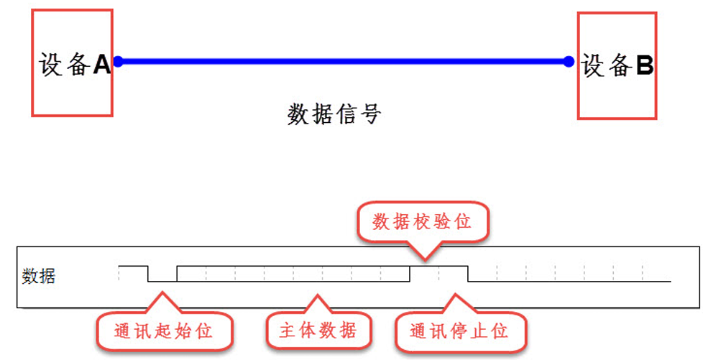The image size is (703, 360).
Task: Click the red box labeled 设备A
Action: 72,63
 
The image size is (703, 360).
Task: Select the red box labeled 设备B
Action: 617,65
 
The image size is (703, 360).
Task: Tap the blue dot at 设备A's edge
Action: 119,62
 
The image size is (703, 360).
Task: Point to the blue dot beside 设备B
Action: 569,62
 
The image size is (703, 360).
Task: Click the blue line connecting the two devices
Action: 344,62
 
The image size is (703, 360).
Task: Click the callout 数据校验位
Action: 422,222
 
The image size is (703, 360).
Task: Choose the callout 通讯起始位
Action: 164,331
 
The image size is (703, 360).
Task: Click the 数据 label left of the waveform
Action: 38,276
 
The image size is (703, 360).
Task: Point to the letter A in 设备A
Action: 101,65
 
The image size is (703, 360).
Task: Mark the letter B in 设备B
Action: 645,66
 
